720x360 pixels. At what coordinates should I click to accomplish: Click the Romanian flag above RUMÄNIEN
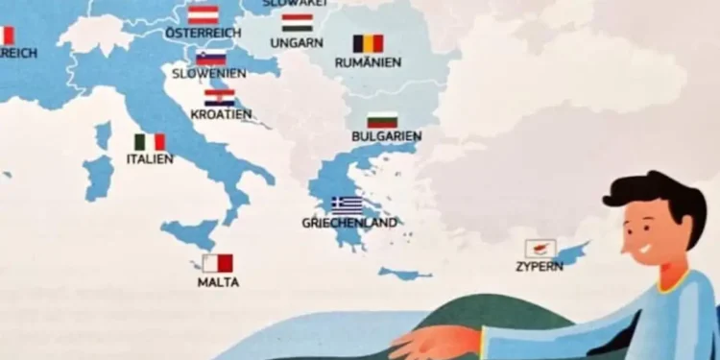click(x=368, y=43)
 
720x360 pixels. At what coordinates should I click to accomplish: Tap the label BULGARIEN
click(x=387, y=137)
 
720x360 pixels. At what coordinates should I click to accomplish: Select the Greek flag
click(x=347, y=204)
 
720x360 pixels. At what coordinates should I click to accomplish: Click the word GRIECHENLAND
click(x=349, y=223)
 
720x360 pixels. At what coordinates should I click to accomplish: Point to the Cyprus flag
click(x=540, y=248)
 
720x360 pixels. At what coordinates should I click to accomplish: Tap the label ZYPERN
click(x=540, y=266)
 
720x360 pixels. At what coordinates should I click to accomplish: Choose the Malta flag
click(x=218, y=263)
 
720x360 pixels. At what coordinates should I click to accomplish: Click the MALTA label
click(x=218, y=283)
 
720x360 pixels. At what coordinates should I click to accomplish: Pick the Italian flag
click(x=150, y=142)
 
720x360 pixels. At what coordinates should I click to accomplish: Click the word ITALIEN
click(x=150, y=159)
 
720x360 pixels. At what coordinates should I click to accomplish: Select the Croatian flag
click(x=220, y=97)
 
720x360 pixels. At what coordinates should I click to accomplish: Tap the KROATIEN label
click(x=221, y=115)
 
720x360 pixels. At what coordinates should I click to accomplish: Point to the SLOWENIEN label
click(x=209, y=74)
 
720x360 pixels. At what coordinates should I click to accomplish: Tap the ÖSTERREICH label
click(x=203, y=33)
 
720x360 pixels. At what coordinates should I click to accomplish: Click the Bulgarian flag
click(x=383, y=120)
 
